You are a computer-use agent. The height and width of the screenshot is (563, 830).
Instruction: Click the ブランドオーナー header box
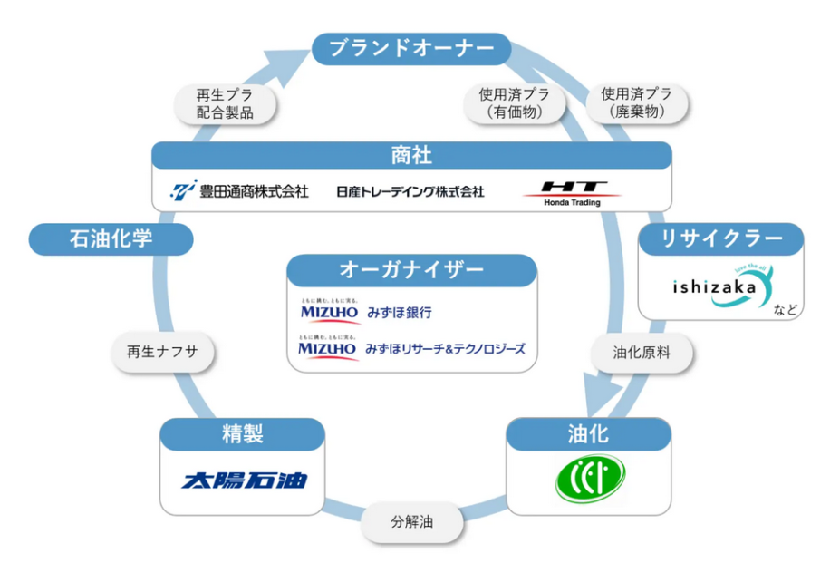click(x=411, y=48)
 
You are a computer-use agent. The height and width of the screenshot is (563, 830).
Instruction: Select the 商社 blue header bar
click(x=411, y=156)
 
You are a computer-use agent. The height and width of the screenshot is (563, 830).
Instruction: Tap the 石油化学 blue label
click(x=111, y=239)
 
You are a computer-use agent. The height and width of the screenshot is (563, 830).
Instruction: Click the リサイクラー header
click(x=721, y=239)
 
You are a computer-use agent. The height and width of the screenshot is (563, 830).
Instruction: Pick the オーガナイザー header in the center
click(x=412, y=270)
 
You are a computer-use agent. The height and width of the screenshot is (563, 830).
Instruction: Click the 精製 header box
click(x=242, y=433)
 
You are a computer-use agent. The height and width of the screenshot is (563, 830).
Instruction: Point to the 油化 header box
click(x=589, y=433)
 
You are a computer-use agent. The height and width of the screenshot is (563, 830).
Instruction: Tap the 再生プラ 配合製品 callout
click(x=224, y=103)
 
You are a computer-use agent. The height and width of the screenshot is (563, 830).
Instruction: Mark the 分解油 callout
click(x=413, y=523)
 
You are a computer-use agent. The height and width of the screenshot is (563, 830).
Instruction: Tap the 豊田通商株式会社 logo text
click(x=240, y=190)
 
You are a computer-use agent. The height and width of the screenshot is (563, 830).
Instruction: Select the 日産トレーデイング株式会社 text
click(x=410, y=191)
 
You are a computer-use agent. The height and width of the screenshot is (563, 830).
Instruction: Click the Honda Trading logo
click(x=572, y=191)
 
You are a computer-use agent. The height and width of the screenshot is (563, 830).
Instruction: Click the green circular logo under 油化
click(x=590, y=478)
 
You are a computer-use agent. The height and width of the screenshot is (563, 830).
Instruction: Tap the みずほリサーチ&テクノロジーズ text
click(x=445, y=348)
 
